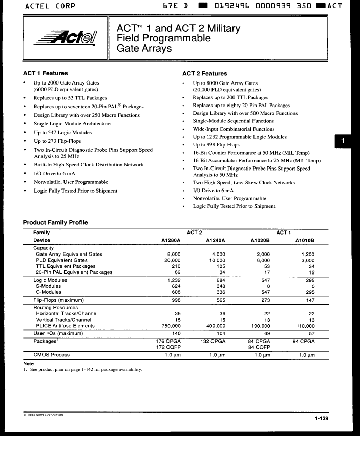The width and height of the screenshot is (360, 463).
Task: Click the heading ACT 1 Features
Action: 45,73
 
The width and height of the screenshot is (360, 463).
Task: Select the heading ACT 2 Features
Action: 204,74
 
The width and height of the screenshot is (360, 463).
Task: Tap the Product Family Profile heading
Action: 55,223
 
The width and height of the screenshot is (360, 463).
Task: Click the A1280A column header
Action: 171,240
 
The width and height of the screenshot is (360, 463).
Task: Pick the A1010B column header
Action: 305,240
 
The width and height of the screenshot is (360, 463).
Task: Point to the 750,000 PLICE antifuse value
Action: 171,326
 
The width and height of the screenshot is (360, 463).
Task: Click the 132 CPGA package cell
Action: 213,341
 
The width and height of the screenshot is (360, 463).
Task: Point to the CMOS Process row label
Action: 51,354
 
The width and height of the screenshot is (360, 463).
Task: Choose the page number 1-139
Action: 322,419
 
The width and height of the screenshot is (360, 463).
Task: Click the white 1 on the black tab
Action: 343,141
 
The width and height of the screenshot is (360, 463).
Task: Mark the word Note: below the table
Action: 29,364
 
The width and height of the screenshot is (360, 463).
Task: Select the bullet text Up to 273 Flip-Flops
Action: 57,141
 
